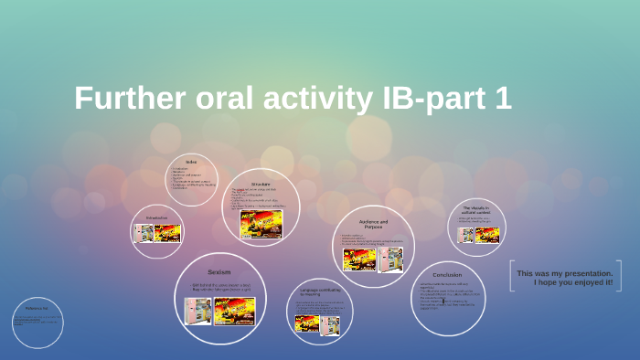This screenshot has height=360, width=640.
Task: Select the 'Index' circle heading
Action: pyautogui.click(x=191, y=162)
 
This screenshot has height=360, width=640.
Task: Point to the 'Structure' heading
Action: pyautogui.click(x=261, y=185)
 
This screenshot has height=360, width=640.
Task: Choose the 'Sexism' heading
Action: pyautogui.click(x=219, y=271)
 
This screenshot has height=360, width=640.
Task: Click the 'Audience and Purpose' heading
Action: pyautogui.click(x=372, y=225)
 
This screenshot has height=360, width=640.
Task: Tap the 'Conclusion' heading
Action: pyautogui.click(x=447, y=274)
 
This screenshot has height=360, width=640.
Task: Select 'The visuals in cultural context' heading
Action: pyautogui.click(x=475, y=211)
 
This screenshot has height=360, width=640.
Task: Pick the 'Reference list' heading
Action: pyautogui.click(x=37, y=310)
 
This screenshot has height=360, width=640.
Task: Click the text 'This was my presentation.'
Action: pyautogui.click(x=564, y=273)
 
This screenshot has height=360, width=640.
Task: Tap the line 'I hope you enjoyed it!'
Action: pyautogui.click(x=573, y=282)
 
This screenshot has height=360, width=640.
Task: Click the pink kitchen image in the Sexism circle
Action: pyautogui.click(x=197, y=312)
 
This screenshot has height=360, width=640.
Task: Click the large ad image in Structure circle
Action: pyautogui.click(x=261, y=224)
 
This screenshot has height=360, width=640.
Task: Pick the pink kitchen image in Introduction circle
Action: pyautogui.click(x=144, y=233)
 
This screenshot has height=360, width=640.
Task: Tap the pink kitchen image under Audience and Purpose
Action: pyautogui.click(x=391, y=259)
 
